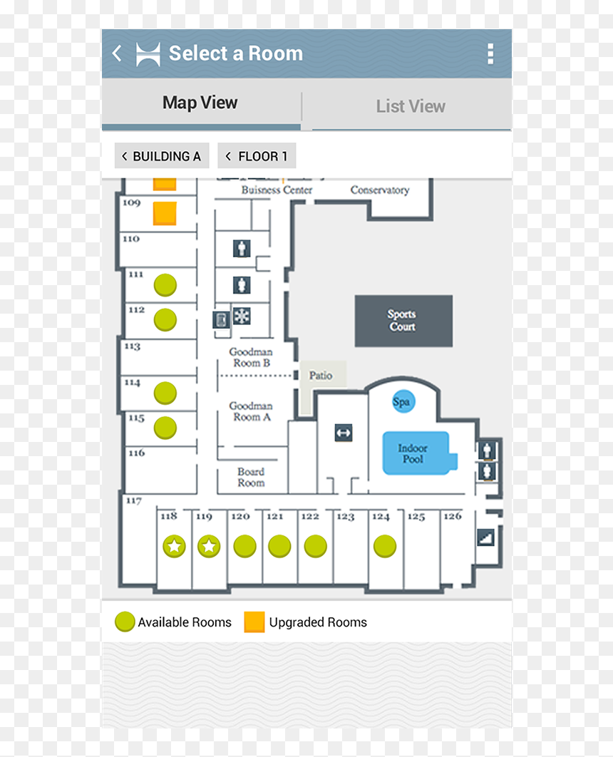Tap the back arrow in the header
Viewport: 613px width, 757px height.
point(117,53)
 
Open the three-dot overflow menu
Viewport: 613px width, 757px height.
point(490,53)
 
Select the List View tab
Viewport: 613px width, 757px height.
point(411,106)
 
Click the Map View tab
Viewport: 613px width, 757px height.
point(200,103)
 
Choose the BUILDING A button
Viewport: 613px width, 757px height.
point(162,156)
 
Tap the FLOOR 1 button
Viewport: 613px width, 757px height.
point(257,156)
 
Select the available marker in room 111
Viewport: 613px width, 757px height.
point(165,285)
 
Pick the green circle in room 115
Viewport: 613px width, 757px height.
point(165,428)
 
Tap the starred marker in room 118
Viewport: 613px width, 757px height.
point(174,547)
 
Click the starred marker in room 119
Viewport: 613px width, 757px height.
point(209,547)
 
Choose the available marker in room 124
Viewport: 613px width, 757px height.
point(385,547)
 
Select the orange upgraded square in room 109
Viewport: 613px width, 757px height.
point(165,213)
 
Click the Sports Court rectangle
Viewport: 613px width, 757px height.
point(403,321)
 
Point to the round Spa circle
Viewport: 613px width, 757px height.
point(403,401)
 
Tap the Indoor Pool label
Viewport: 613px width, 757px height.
point(413,453)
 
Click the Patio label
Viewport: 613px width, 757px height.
point(321,375)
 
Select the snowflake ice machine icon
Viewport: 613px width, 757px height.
point(242,316)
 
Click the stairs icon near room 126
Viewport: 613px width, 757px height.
point(485,537)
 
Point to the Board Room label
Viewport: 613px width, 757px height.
point(251,477)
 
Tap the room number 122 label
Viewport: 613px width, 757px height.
point(310,516)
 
